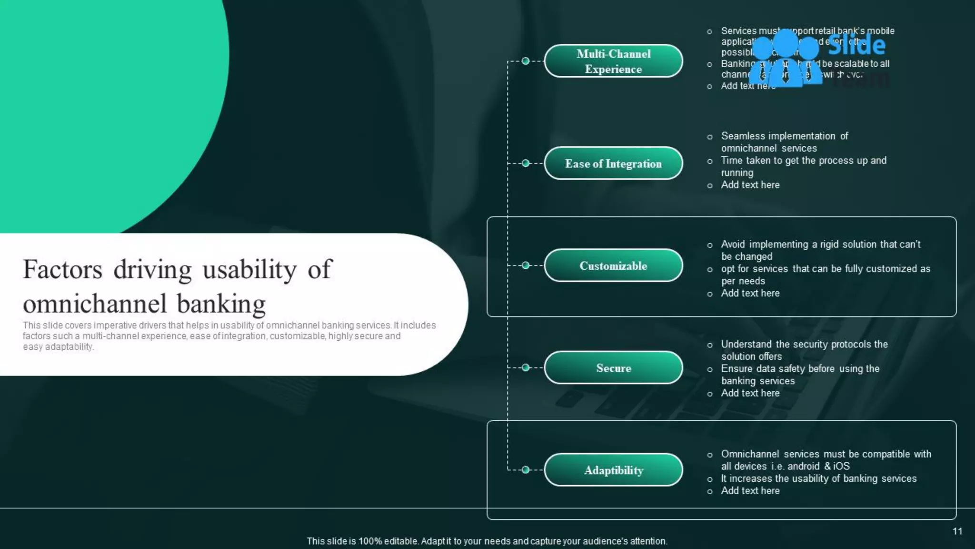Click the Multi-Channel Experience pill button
(x=613, y=61)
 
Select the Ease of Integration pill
(x=613, y=163)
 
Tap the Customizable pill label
(x=613, y=266)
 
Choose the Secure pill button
(x=613, y=368)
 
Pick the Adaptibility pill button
(x=613, y=470)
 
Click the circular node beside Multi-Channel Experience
(x=526, y=61)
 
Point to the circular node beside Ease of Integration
(x=526, y=163)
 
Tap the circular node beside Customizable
(x=526, y=265)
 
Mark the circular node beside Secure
(x=526, y=367)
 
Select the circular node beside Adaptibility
(x=526, y=470)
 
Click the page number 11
(x=957, y=531)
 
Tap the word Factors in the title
(x=62, y=270)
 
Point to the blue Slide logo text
(x=856, y=45)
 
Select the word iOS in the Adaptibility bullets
(x=841, y=466)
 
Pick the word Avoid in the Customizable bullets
(x=733, y=244)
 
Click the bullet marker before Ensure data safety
(x=710, y=369)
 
